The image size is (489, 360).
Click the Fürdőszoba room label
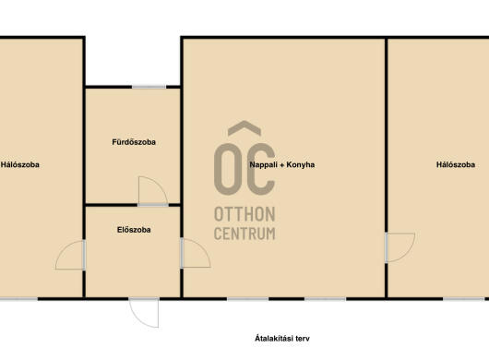tap(134, 142)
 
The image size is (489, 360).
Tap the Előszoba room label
tap(134, 230)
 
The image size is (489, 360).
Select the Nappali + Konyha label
tap(282, 164)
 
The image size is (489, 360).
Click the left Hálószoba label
tap(20, 164)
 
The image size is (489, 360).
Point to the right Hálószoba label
tap(456, 164)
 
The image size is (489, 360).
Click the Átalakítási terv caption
tap(282, 339)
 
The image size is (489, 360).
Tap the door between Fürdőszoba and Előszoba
tap(153, 191)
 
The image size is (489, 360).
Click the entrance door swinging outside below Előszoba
tap(144, 313)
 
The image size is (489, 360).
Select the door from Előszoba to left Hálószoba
tap(70, 255)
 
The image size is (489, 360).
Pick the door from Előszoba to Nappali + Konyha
tap(196, 253)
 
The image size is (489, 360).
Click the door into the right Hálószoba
tap(400, 247)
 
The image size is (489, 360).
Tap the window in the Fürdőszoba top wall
tap(149, 87)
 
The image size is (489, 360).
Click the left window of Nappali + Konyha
tap(247, 299)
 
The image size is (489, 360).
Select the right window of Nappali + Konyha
tap(326, 299)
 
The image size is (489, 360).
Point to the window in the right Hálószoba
tap(464, 299)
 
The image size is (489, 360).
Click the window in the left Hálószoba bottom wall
tap(18, 299)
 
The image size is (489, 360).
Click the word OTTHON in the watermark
tap(244, 214)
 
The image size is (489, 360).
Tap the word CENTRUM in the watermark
tap(244, 234)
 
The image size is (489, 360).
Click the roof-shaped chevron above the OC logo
tap(244, 128)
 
